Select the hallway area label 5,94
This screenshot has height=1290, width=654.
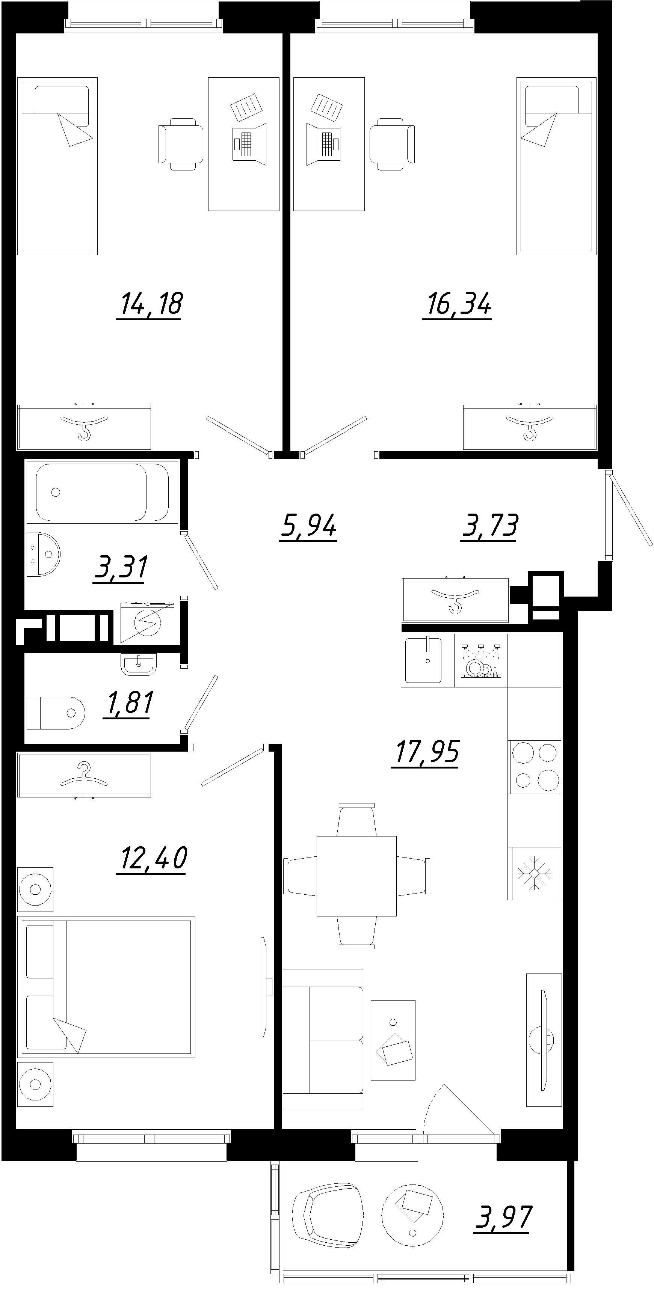coord(308,526)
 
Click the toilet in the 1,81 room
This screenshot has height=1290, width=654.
coord(55,712)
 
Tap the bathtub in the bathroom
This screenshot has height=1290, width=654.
coord(102,492)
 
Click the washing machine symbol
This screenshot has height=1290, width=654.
coord(147,622)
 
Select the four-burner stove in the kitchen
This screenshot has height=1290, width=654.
coord(535,766)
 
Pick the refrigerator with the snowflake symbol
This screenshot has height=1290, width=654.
coord(534,873)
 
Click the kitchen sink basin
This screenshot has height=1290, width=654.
coord(423,660)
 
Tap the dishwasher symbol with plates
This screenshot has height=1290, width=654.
coord(480,660)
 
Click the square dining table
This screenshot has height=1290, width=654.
coord(356,876)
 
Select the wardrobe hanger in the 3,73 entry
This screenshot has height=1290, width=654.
coord(455,600)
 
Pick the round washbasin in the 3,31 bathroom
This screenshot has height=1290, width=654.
coord(44,554)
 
